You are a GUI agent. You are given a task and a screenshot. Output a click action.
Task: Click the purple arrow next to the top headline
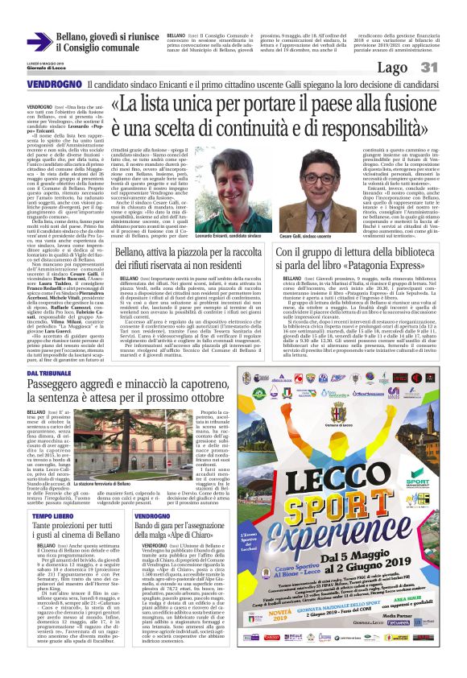(x=39, y=41)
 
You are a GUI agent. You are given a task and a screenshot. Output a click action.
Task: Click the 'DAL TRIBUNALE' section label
(x=49, y=373)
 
